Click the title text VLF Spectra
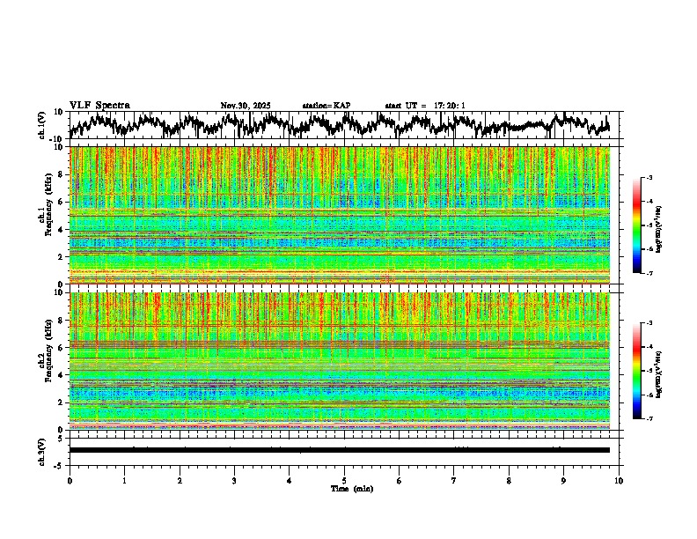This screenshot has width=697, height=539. [x=99, y=105]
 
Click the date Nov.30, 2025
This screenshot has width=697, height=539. [x=246, y=106]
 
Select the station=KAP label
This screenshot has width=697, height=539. [x=326, y=106]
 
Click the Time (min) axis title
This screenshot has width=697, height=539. [x=351, y=488]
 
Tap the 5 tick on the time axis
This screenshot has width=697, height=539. [x=344, y=480]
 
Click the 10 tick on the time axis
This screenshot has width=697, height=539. [x=619, y=480]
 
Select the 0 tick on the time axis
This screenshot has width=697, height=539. [x=70, y=480]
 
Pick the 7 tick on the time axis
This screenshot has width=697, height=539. [x=454, y=480]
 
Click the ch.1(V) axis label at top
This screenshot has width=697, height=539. [x=41, y=125]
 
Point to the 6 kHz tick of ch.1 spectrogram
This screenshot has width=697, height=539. [x=62, y=202]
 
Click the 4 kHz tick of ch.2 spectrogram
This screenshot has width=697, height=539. [x=62, y=375]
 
